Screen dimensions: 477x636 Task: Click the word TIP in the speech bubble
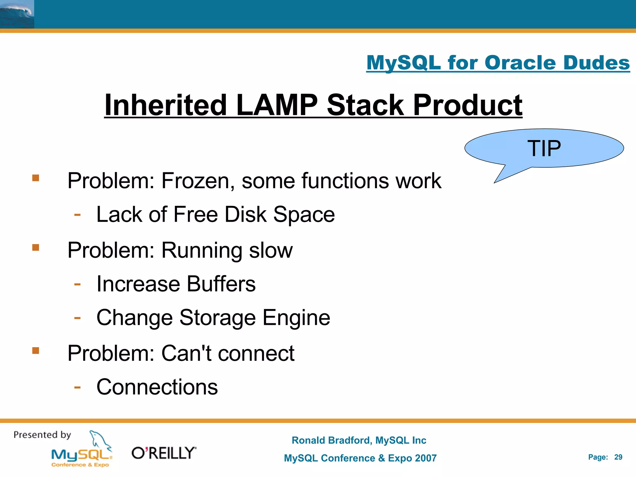click(544, 148)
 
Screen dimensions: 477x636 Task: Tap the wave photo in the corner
click(17, 14)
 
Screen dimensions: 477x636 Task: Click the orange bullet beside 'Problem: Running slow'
click(36, 248)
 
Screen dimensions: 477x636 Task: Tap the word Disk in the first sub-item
click(245, 214)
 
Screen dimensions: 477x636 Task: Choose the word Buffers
click(221, 284)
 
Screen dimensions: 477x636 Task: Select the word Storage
click(217, 318)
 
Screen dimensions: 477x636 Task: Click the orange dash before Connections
click(77, 387)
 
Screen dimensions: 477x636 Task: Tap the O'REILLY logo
click(164, 453)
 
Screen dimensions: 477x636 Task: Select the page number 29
click(618, 457)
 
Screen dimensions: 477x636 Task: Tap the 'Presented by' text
click(42, 435)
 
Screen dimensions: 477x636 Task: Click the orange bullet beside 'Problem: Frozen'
click(36, 178)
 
